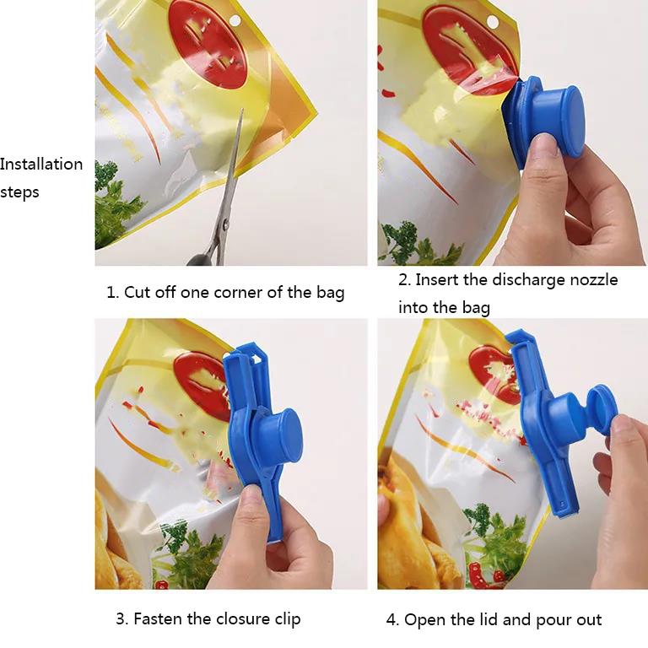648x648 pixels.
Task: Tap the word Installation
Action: [x=41, y=164]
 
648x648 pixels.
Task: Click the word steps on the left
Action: [x=19, y=192]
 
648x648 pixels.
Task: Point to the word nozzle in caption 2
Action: [x=594, y=280]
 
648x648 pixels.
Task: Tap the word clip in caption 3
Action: [x=288, y=619]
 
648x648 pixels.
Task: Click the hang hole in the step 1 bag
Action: [x=235, y=20]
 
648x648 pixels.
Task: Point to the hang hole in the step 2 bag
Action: [x=492, y=21]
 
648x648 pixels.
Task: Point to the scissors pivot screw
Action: [x=225, y=225]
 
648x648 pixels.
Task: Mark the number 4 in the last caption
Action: [x=391, y=620]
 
